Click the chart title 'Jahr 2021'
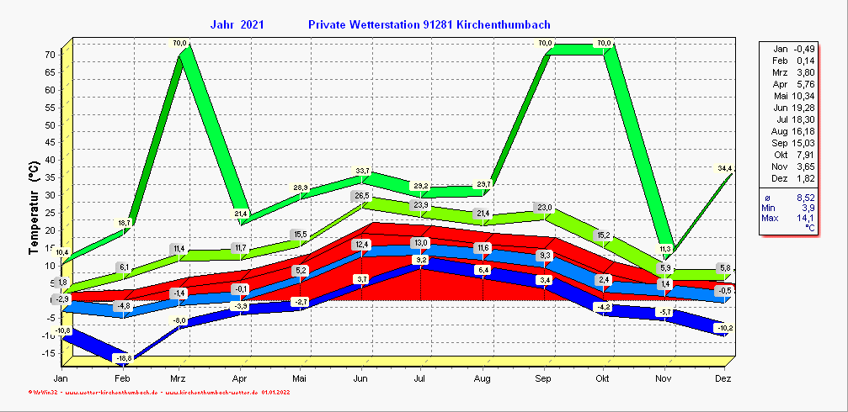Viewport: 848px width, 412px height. coord(237,25)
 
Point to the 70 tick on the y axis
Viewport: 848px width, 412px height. coord(50,55)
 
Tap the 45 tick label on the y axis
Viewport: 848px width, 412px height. coord(50,142)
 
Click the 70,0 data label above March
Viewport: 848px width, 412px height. coord(179,43)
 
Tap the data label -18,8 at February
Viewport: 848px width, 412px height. coord(124,358)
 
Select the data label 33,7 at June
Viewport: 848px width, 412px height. coord(362,172)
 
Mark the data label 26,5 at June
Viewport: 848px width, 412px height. coord(361,196)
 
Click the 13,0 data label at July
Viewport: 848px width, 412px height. coord(421,243)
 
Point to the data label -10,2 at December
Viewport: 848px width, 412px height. coord(723,327)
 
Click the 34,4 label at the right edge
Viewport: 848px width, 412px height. coord(725,169)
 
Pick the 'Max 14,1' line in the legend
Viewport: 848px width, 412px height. coord(788,218)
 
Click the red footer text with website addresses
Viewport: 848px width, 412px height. coord(160,392)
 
